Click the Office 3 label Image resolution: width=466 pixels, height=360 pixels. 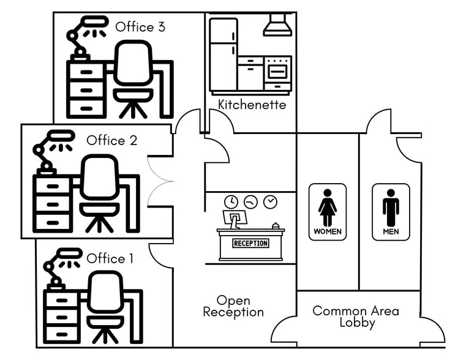point(140,27)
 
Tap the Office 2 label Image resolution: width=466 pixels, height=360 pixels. point(111,140)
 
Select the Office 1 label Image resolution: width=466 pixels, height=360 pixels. point(110,258)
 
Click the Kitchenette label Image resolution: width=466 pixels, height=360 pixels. point(252,105)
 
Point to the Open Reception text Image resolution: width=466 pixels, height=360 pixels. point(233,306)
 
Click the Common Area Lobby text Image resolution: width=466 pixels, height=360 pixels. point(356,317)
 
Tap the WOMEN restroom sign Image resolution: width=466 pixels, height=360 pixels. point(328,212)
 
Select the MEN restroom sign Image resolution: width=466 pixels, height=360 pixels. point(391,212)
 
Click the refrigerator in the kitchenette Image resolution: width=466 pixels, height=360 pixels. point(223,54)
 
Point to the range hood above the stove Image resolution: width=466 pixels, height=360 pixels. point(277,26)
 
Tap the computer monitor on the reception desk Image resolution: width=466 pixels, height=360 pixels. point(234,218)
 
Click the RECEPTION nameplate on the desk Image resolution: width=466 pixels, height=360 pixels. point(250,243)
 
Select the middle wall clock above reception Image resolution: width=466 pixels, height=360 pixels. point(250,201)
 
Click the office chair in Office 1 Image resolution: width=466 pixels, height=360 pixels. point(105,306)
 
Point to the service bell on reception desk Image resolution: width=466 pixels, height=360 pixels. point(276,225)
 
